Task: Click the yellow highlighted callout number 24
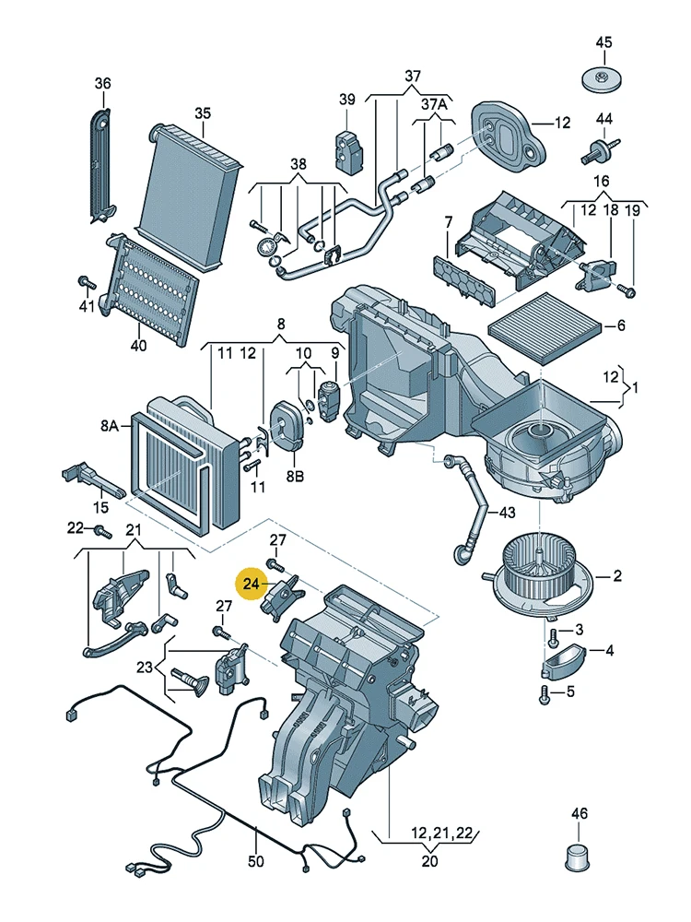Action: [252, 584]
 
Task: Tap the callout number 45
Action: [603, 42]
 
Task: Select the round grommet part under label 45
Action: [603, 78]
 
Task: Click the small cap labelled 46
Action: [578, 857]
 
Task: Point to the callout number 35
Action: [203, 112]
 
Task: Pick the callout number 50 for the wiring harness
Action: [255, 862]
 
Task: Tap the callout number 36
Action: [101, 84]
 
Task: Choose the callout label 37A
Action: [434, 105]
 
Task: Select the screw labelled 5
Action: [546, 692]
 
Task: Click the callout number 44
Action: [603, 119]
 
